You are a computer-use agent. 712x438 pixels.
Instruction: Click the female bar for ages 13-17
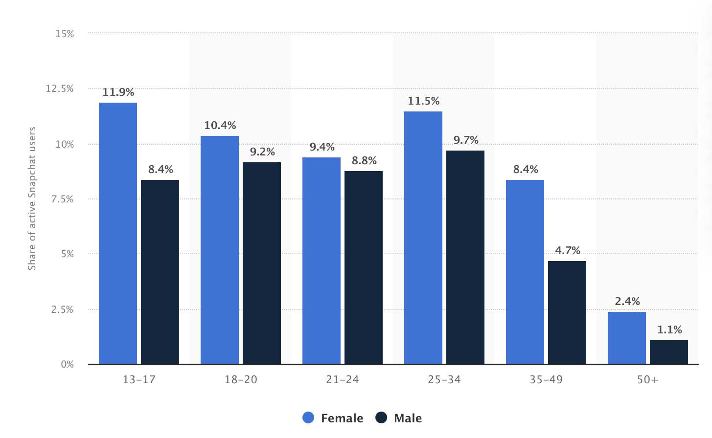click(118, 233)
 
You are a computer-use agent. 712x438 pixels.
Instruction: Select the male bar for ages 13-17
click(160, 272)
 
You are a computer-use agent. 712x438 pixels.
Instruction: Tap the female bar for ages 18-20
click(220, 250)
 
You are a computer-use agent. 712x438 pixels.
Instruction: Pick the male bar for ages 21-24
click(364, 267)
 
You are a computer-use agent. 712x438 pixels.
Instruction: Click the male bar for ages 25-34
click(465, 257)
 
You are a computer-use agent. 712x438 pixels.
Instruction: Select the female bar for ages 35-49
click(525, 272)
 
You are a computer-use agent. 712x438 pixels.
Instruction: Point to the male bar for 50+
click(669, 352)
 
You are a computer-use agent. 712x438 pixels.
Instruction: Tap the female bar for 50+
click(627, 338)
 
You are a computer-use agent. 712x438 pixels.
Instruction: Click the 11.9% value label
click(118, 92)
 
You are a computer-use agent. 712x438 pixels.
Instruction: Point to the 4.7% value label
click(568, 251)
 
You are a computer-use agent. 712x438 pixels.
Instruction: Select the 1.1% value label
click(669, 330)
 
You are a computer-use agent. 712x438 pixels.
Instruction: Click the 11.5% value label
click(424, 101)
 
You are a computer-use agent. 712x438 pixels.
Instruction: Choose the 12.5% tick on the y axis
click(60, 88)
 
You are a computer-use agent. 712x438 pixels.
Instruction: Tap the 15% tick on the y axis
click(65, 34)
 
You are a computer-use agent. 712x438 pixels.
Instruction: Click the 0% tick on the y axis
click(68, 364)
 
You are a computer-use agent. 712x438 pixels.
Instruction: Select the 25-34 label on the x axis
click(444, 380)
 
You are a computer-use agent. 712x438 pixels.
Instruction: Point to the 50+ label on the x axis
click(648, 380)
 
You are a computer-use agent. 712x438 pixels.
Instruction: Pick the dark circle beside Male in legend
click(381, 418)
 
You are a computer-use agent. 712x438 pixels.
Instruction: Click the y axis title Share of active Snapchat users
click(32, 198)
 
